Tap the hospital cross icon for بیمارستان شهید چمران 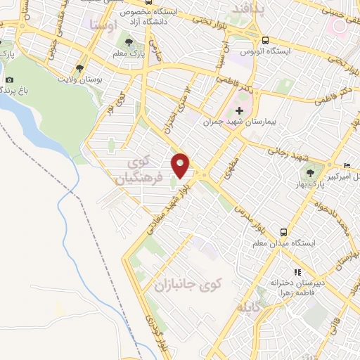coord(239,111)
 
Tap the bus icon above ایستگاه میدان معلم coord(283,232)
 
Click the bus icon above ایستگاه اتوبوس coord(266,41)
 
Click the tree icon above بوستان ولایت coord(79,69)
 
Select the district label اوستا coord(103,25)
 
